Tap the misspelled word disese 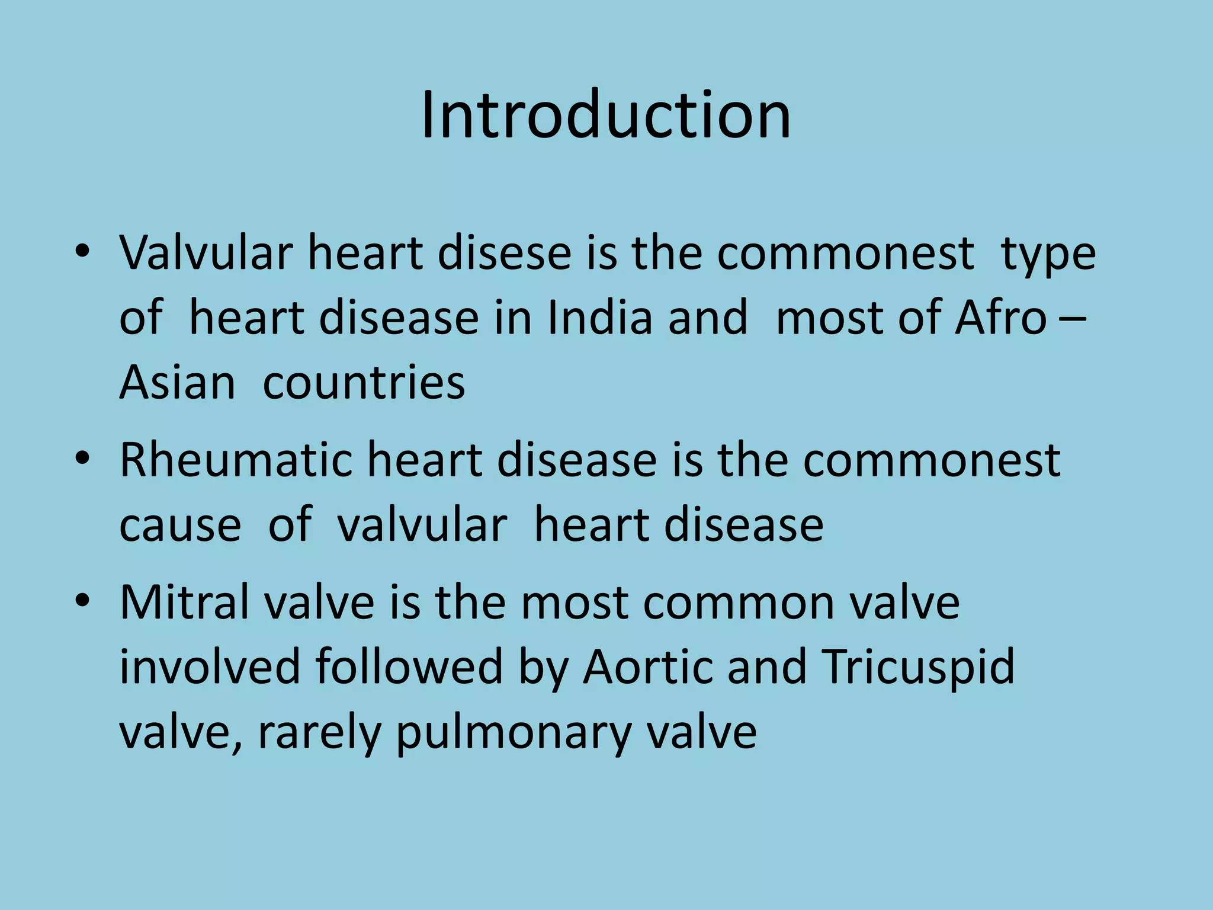point(504,253)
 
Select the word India point(599,318)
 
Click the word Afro point(1000,318)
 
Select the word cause point(180,525)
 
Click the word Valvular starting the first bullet point(206,253)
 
